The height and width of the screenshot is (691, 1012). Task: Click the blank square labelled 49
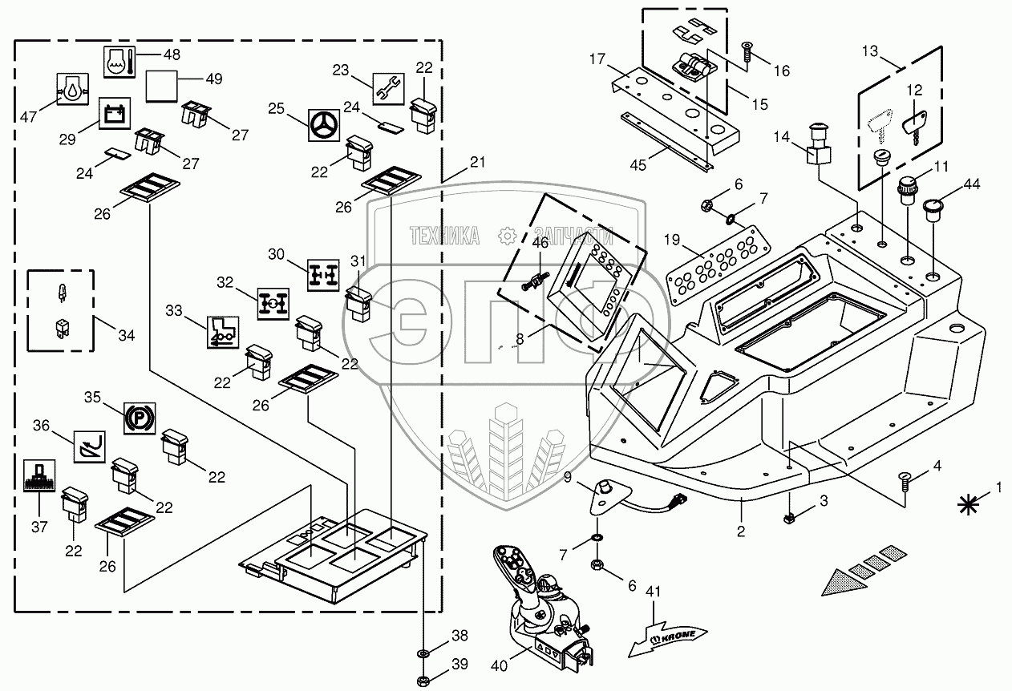[x=161, y=85]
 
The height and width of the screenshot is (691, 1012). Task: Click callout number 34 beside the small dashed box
[x=126, y=335]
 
